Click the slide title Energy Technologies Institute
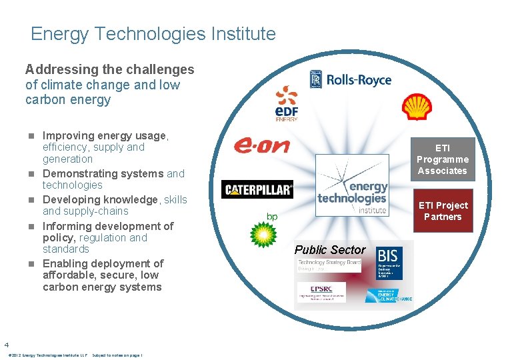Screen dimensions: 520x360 (153, 34)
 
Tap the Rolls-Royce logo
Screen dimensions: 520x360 (350, 80)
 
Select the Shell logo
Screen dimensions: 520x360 (417, 107)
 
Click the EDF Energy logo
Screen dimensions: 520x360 (286, 103)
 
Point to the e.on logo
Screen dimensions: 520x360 (261, 144)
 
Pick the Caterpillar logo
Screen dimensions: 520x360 (257, 190)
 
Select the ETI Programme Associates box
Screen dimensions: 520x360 (442, 159)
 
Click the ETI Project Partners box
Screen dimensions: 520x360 (442, 211)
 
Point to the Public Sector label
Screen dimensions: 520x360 (330, 250)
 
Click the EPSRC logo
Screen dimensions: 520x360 (321, 291)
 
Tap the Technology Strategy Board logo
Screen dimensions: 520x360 (329, 267)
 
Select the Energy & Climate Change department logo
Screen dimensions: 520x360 (392, 295)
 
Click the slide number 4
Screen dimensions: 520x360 (6, 345)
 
